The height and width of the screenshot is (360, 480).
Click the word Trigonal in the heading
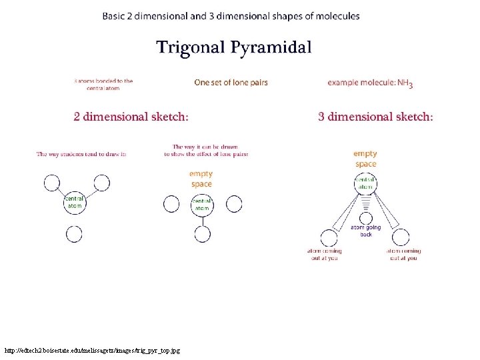(191, 48)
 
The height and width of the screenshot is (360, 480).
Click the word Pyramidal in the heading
(272, 48)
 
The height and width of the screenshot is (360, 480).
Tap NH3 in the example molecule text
(405, 83)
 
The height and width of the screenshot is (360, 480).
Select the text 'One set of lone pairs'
(231, 83)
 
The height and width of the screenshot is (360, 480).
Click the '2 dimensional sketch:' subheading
(131, 117)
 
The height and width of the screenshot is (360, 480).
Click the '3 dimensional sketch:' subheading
(375, 117)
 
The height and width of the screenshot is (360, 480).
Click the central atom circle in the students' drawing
(74, 203)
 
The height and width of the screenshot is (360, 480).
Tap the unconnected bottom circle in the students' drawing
(74, 234)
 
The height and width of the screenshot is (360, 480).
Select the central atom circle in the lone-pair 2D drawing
(201, 205)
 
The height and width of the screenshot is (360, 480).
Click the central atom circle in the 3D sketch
(365, 183)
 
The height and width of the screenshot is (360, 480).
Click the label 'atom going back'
(365, 231)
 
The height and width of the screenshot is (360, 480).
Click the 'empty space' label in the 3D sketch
(365, 159)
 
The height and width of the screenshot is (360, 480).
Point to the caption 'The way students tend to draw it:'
(81, 154)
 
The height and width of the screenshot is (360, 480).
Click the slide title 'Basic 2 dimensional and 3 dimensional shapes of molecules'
(231, 16)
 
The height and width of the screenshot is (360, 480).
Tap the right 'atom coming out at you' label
(403, 254)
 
